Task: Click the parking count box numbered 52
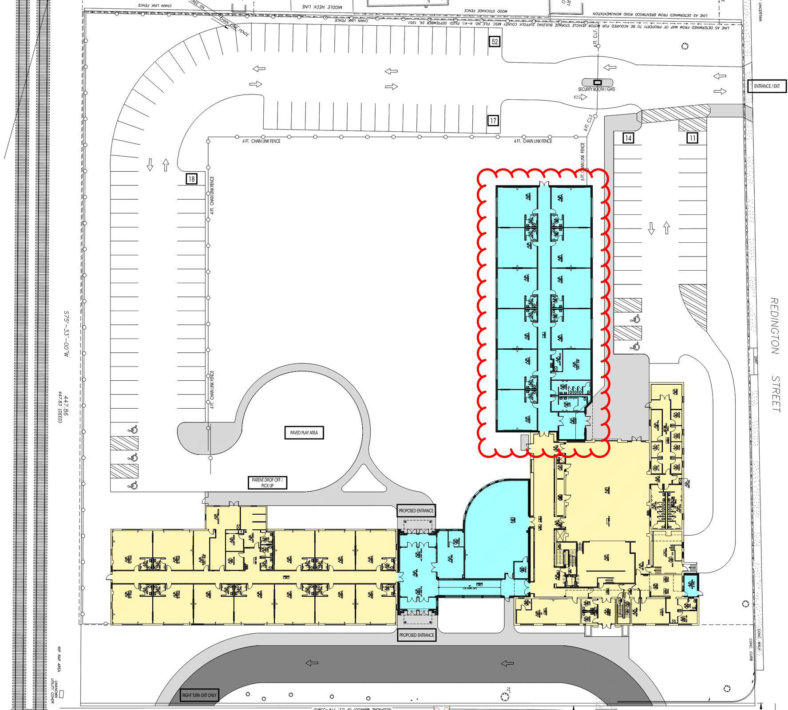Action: (495, 42)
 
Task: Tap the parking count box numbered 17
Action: (493, 120)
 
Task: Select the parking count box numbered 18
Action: (191, 179)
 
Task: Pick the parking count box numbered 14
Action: (628, 138)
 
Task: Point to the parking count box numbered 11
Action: (692, 138)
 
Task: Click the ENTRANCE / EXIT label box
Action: (767, 86)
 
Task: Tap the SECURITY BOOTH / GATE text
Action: (596, 89)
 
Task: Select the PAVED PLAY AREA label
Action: (304, 433)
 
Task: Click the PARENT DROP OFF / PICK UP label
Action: (267, 483)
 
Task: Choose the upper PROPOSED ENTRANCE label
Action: (416, 511)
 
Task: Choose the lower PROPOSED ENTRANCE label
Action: (416, 635)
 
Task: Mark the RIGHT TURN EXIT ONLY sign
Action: (200, 695)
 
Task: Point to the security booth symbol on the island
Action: (598, 82)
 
